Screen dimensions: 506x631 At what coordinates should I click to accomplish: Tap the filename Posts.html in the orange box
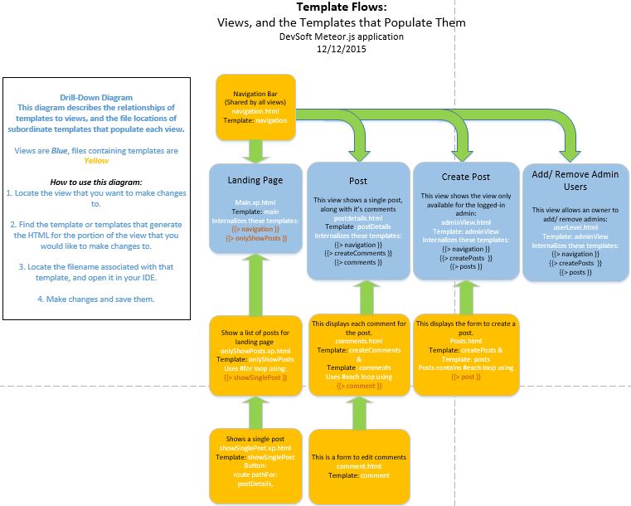coord(465,341)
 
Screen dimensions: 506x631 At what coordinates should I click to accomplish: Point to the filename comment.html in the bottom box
coord(358,466)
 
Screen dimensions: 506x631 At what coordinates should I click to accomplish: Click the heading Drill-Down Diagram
coord(96,98)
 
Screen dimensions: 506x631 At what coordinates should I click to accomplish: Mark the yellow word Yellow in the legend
coord(96,161)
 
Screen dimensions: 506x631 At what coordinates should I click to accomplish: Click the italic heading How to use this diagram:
coord(96,182)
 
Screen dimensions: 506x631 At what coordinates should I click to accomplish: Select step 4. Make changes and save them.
coord(96,299)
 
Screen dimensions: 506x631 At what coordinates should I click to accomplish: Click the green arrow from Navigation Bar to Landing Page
coord(256,150)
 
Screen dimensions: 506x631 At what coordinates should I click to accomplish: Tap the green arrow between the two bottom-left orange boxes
coord(256,410)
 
